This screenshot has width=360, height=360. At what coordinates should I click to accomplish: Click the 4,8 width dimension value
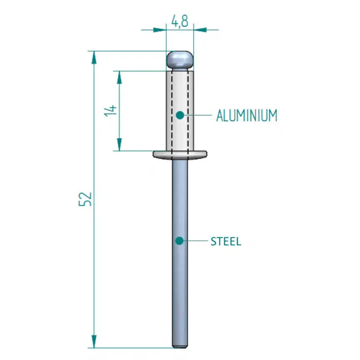tap(179, 22)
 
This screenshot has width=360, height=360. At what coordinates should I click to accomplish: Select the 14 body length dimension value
tap(111, 111)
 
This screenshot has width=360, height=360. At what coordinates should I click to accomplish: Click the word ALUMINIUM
tap(247, 115)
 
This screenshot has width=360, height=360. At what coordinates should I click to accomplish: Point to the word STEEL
tap(226, 241)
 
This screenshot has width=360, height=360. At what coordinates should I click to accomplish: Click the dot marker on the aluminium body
tap(179, 115)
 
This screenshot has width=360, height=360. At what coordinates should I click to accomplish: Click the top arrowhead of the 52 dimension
tap(94, 57)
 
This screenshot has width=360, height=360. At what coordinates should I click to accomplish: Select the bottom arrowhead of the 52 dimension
tap(94, 341)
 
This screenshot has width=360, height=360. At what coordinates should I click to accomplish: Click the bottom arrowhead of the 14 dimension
tap(119, 146)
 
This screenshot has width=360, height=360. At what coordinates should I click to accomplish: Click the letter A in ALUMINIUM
tap(220, 115)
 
